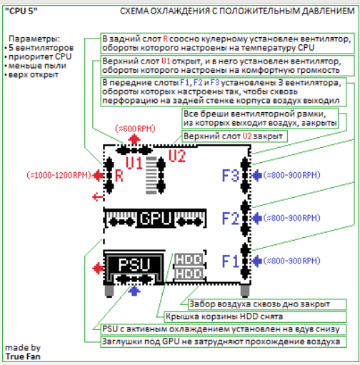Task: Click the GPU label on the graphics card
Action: (x=156, y=218)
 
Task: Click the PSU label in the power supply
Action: (x=134, y=264)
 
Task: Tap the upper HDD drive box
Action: (x=189, y=259)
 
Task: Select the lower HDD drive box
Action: (x=189, y=274)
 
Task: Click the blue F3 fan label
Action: (x=231, y=176)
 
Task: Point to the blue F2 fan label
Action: (x=231, y=219)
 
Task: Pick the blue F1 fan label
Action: (x=230, y=261)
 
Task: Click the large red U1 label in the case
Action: (x=134, y=163)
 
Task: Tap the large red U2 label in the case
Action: (x=177, y=156)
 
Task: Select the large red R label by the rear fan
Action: (x=119, y=176)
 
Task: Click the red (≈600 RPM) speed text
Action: (x=135, y=129)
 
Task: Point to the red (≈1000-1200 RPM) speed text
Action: (x=59, y=175)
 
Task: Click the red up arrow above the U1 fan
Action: (x=134, y=139)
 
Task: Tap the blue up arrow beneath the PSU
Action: (x=134, y=291)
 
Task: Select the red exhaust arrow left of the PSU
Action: (x=98, y=269)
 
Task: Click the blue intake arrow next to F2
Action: (x=257, y=218)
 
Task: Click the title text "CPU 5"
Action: (x=21, y=11)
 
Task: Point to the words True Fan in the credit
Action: (x=23, y=356)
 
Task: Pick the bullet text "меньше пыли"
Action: (x=37, y=66)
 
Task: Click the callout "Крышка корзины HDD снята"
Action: (x=224, y=316)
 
